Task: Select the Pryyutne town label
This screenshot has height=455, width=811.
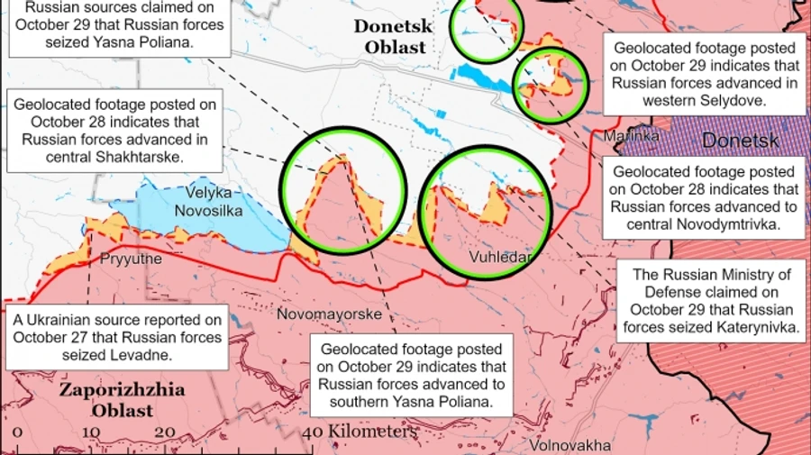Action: tap(132, 259)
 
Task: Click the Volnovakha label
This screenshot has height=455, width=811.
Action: tap(570, 445)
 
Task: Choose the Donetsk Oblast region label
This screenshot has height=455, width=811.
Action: tap(393, 37)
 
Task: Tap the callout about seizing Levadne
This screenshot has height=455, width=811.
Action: tap(117, 337)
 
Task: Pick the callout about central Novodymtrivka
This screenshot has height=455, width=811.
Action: tap(705, 198)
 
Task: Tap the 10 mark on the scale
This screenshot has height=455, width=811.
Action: tap(90, 432)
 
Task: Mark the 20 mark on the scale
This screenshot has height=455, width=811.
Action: tap(165, 432)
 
